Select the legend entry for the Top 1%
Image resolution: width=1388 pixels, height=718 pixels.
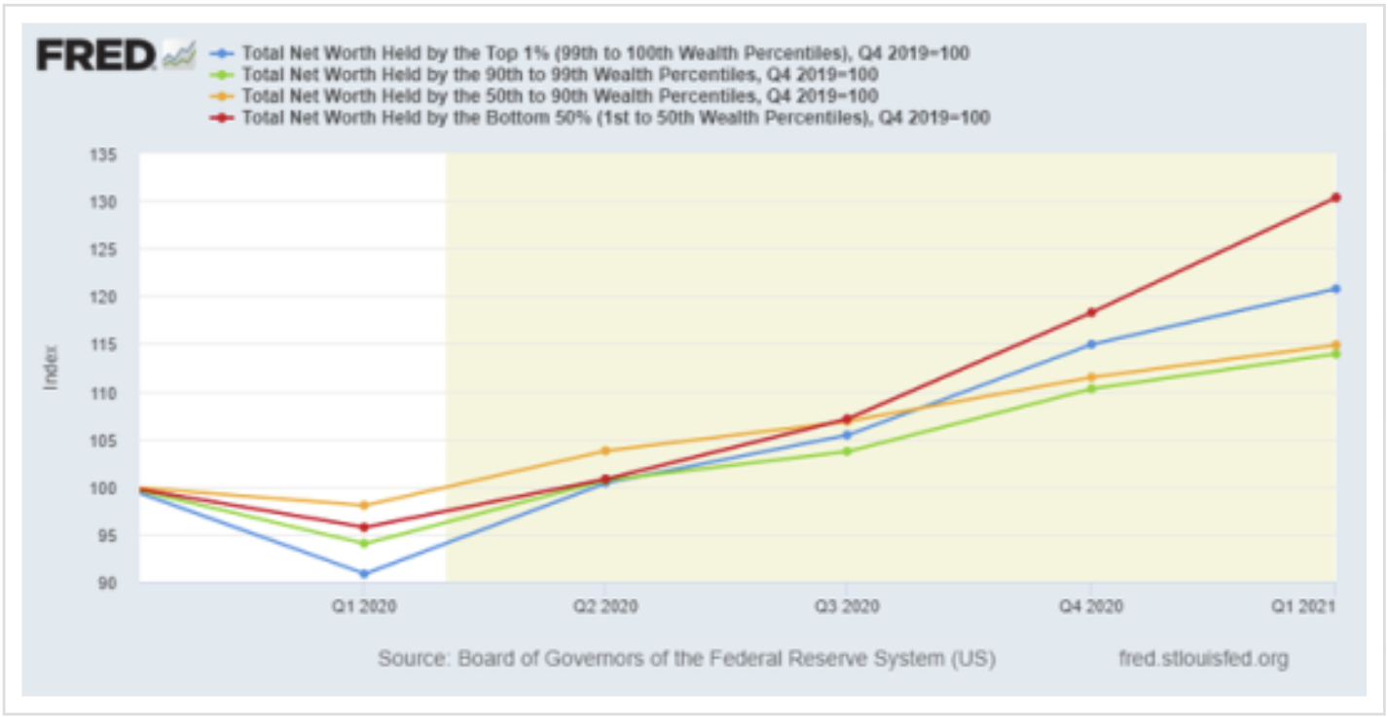604,53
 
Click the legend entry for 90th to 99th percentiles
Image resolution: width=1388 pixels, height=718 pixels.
560,74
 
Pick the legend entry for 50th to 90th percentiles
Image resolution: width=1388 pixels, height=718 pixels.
560,95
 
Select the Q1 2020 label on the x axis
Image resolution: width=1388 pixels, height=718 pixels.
364,606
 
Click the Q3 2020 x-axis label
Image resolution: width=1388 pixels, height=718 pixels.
846,606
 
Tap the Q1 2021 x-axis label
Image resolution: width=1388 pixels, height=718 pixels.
1312,606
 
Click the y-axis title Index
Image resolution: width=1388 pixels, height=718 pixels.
51,368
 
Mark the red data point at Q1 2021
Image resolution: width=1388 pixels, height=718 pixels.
1335,197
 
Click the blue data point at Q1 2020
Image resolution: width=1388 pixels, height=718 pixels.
364,573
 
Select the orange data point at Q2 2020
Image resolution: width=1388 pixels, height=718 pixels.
604,450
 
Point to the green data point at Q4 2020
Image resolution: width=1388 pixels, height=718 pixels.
1090,388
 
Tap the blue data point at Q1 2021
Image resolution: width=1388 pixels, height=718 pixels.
1335,289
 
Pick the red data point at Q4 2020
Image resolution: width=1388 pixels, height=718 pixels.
1090,312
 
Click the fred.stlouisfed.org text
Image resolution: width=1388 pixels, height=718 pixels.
1203,659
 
